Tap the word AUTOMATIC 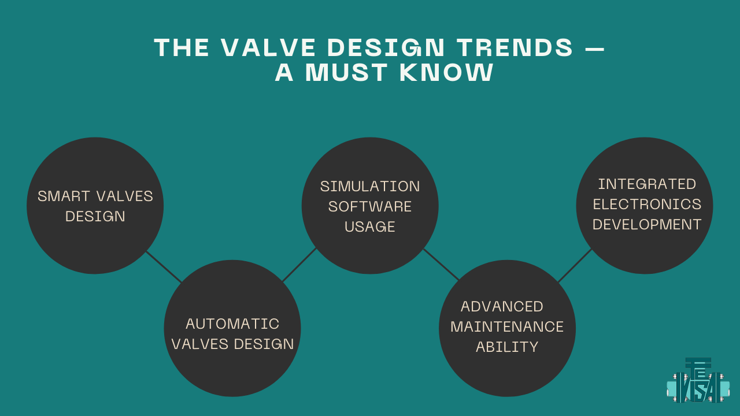232,324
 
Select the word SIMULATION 370,187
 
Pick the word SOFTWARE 370,207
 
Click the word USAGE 370,227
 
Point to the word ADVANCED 502,306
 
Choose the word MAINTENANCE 507,326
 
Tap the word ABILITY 507,347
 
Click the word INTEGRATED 647,184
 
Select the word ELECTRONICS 647,205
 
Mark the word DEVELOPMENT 647,225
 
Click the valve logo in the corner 698,381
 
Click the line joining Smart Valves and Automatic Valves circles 164,266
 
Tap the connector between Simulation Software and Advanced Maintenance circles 441,265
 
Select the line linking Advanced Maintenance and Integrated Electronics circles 575,266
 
